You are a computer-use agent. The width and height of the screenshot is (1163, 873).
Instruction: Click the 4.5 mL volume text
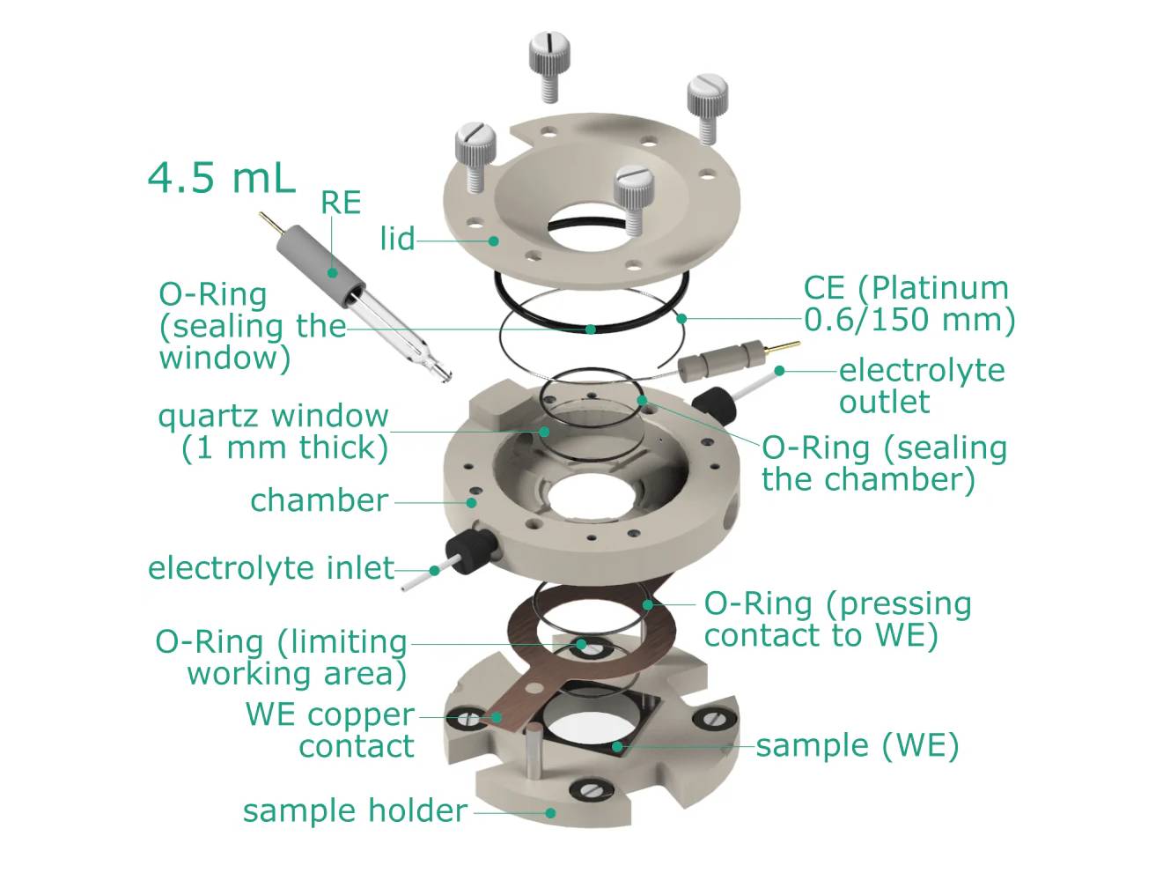tap(221, 178)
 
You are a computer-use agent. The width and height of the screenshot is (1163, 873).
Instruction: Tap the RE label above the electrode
tap(341, 203)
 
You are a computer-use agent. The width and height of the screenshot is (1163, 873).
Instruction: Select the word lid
tap(397, 239)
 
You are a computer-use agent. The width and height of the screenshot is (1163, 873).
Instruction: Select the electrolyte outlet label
tap(921, 386)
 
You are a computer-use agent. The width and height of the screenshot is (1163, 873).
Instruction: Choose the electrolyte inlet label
tap(270, 568)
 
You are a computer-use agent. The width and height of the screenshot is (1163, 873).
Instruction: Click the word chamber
tap(319, 500)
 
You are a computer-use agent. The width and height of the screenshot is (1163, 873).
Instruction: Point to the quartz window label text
tap(273, 431)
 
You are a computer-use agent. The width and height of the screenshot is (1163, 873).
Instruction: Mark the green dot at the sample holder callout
tap(550, 812)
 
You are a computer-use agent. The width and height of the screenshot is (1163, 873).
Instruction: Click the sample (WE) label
tap(857, 745)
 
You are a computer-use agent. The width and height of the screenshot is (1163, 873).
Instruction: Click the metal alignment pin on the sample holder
tap(534, 753)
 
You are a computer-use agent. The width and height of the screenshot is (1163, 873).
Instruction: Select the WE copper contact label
tap(330, 729)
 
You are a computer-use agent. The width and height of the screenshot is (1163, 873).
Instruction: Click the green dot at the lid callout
tap(494, 240)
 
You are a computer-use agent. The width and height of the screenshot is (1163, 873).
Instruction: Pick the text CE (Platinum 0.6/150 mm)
tap(909, 303)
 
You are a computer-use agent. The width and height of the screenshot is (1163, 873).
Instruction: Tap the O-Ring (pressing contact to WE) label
tap(837, 618)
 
